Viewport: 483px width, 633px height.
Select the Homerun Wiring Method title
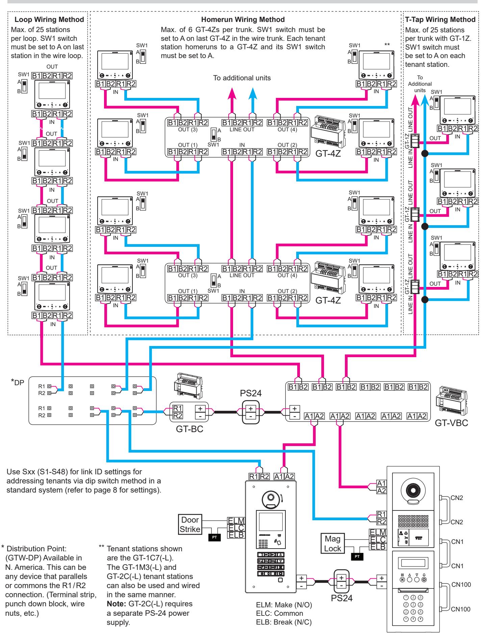[x=243, y=20]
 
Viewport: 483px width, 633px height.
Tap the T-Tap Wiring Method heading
[x=440, y=20]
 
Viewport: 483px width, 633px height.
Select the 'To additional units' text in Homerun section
[x=242, y=78]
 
